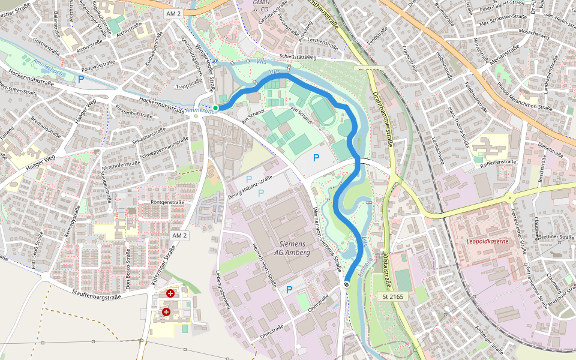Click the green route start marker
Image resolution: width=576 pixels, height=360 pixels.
coord(215,108)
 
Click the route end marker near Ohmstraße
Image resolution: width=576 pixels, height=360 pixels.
coord(347,284)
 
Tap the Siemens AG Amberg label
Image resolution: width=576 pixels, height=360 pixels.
coord(292,248)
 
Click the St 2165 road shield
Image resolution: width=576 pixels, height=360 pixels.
coord(394,296)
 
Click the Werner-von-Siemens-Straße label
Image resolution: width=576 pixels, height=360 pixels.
coord(328,235)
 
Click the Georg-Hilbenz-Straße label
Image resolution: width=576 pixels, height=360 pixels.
coord(250,188)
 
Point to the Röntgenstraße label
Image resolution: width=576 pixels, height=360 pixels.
coord(167,202)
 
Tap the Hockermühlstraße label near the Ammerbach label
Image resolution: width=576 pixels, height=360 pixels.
coord(161,105)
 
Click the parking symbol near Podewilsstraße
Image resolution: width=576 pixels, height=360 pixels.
coord(81,78)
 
